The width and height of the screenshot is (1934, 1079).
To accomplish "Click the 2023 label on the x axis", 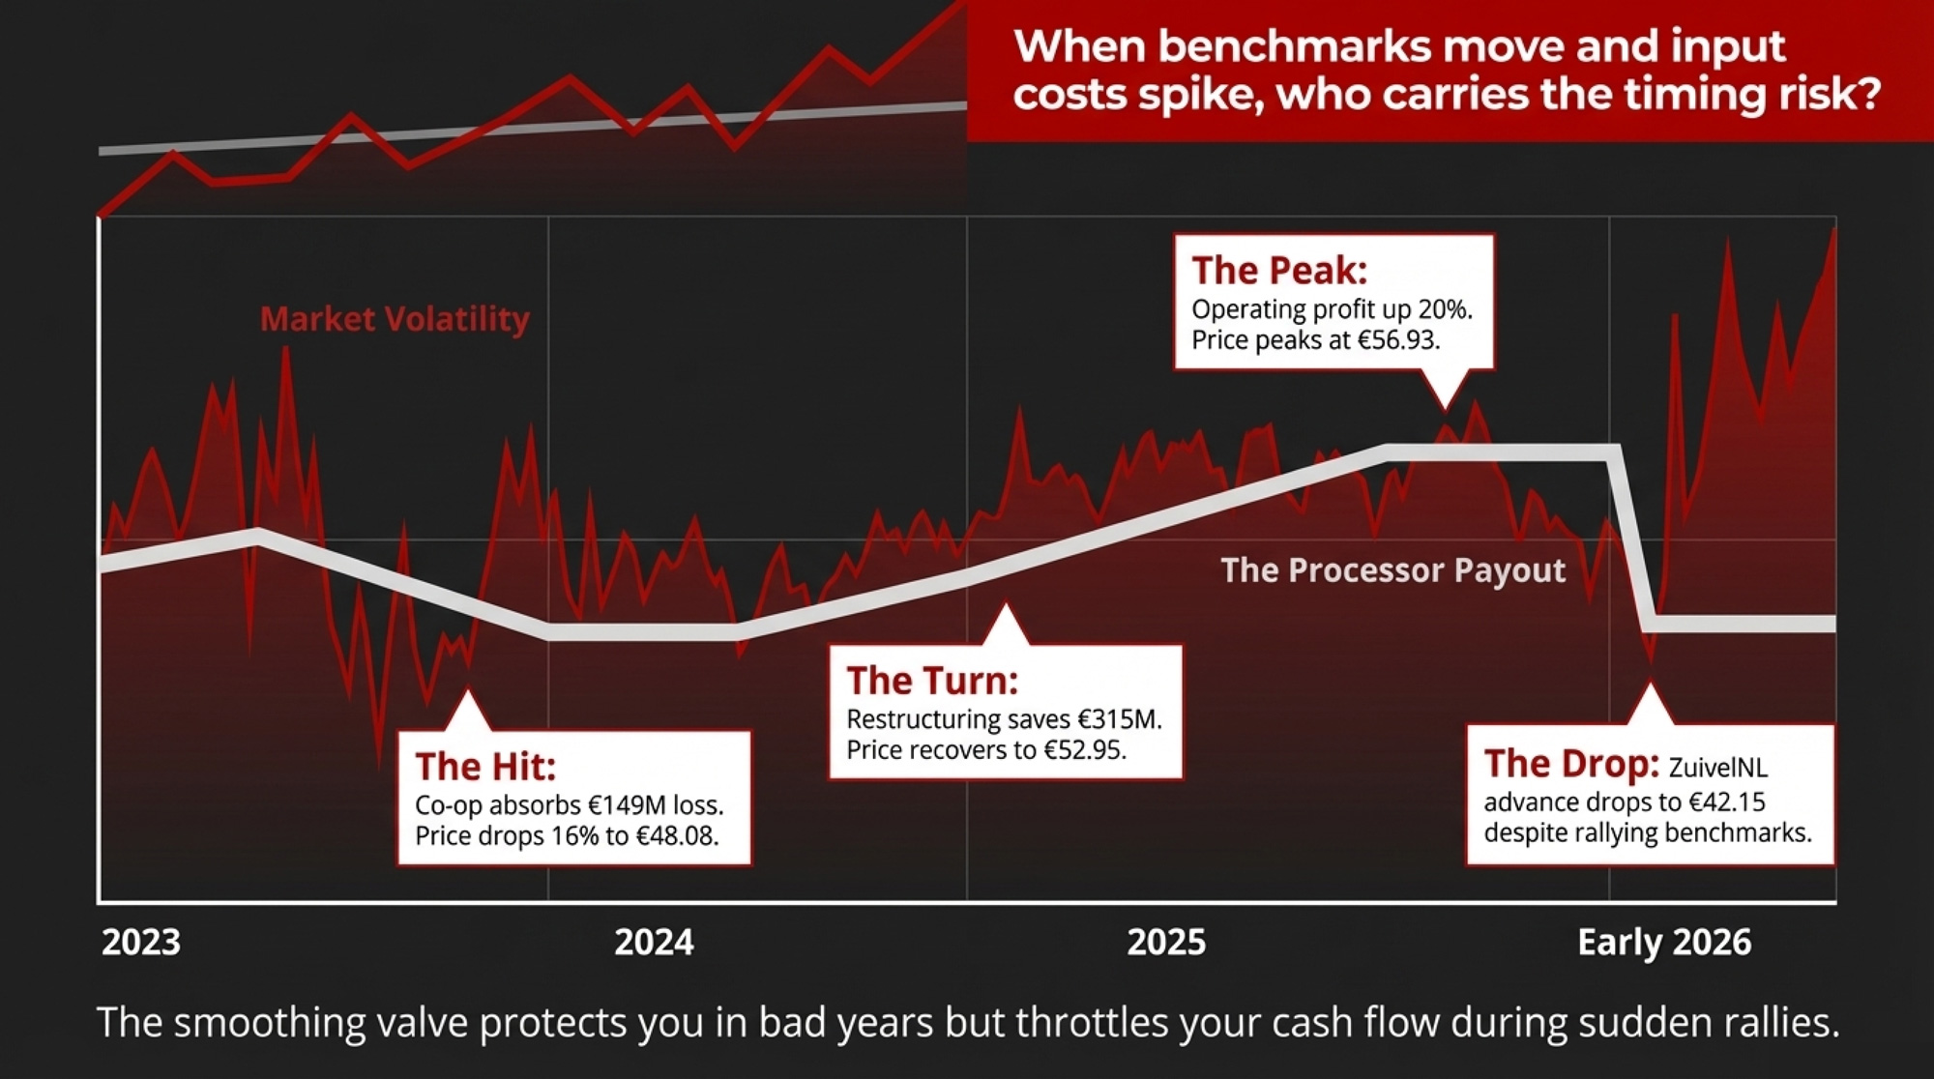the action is point(141,942).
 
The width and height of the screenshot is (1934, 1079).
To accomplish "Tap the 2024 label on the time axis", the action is point(655,942).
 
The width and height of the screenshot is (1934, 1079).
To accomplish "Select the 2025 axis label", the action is point(1166,942).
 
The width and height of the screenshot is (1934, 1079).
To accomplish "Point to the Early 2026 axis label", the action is point(1664,942).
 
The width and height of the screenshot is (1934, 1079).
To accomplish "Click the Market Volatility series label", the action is point(395,318).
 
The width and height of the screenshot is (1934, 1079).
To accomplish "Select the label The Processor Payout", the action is point(1392,569).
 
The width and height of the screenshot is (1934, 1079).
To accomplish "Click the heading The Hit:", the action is point(485,767).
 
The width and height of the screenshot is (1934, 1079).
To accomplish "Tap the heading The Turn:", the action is point(932,681).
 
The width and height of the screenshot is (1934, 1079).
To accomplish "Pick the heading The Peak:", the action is point(1279,271).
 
